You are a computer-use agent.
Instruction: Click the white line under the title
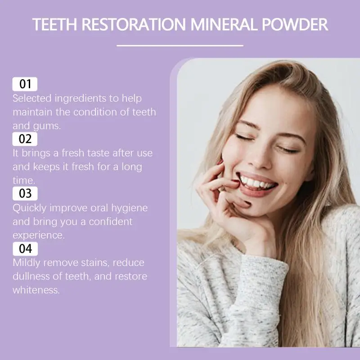180,45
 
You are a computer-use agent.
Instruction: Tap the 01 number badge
25,84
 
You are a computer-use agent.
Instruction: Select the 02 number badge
25,139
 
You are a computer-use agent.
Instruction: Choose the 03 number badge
25,193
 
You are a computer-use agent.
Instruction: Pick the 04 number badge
25,248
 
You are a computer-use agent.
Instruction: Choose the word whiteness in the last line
36,290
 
